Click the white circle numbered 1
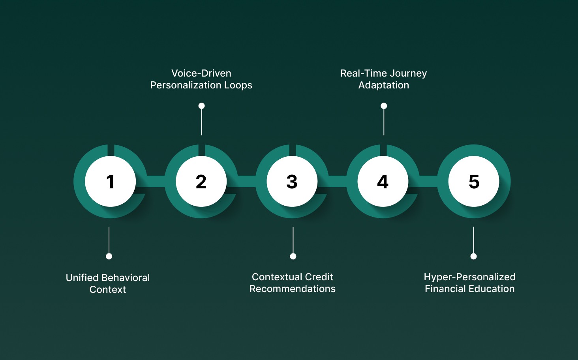point(110,181)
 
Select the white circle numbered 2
point(201,181)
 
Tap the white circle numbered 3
point(292,181)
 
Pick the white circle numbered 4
point(383,181)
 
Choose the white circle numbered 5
point(474,181)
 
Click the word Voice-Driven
point(201,73)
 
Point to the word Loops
point(238,85)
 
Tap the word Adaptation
point(384,85)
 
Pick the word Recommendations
point(293,289)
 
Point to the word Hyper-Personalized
point(470,277)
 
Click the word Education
point(493,289)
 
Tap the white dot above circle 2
point(201,106)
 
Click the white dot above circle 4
point(384,106)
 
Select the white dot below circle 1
point(109,256)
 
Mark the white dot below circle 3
point(293,256)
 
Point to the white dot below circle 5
point(473,256)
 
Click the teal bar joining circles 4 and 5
point(428,181)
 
